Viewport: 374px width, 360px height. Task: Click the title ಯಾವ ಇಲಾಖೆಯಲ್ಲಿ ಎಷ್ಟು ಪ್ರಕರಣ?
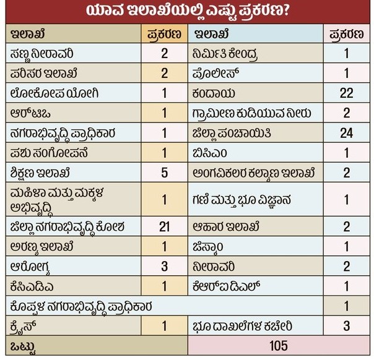pyautogui.click(x=186, y=11)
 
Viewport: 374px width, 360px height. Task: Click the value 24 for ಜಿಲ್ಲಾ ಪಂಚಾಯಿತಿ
pyautogui.click(x=346, y=132)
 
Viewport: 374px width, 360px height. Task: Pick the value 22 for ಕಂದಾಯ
pyautogui.click(x=346, y=93)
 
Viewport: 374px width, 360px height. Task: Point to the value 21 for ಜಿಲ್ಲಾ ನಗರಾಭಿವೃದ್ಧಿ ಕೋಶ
pyautogui.click(x=164, y=226)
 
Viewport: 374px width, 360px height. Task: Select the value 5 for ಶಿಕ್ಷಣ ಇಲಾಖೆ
pyautogui.click(x=164, y=172)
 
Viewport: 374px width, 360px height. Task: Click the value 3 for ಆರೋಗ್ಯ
pyautogui.click(x=164, y=266)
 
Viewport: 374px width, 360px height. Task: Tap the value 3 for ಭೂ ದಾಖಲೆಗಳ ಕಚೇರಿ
pyautogui.click(x=346, y=326)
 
